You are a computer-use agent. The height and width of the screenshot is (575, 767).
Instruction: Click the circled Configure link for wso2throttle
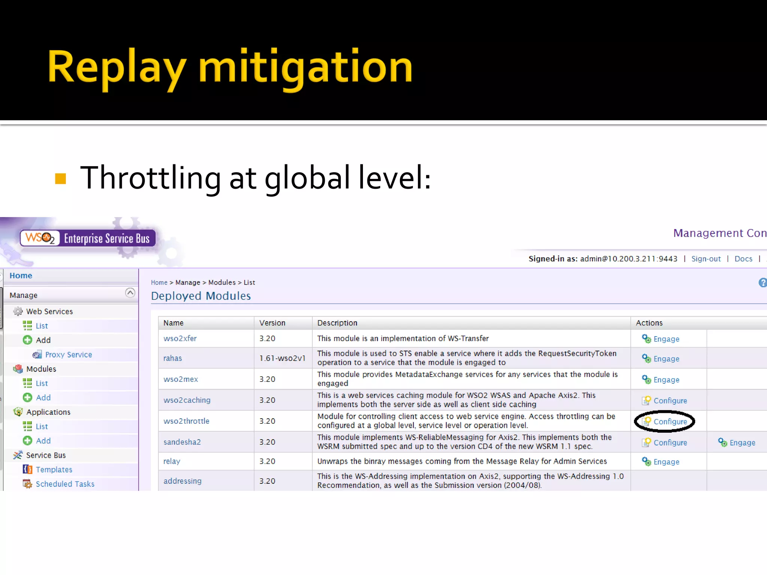pyautogui.click(x=670, y=422)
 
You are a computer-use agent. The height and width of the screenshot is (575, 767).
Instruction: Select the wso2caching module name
pyautogui.click(x=187, y=400)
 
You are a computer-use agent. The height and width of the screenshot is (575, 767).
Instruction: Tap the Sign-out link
pyautogui.click(x=706, y=259)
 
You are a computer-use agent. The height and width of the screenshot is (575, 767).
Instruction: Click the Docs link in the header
pyautogui.click(x=743, y=259)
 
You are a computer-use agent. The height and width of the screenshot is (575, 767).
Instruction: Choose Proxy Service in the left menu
pyautogui.click(x=68, y=355)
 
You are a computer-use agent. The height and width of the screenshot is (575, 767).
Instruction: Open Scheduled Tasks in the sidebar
pyautogui.click(x=65, y=484)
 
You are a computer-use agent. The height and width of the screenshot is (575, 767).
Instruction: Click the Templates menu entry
pyautogui.click(x=54, y=469)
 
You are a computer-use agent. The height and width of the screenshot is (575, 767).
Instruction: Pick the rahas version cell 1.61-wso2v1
pyautogui.click(x=282, y=358)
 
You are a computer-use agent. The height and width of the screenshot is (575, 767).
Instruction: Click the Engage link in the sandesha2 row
pyautogui.click(x=742, y=442)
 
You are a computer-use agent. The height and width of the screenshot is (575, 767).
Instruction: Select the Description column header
pyautogui.click(x=337, y=323)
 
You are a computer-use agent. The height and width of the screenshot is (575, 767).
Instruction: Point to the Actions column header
pyautogui.click(x=649, y=323)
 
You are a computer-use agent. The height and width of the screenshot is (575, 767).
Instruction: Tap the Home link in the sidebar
pyautogui.click(x=21, y=276)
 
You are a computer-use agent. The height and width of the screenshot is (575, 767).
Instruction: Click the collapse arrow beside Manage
pyautogui.click(x=130, y=293)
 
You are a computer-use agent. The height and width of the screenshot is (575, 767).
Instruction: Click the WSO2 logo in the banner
pyautogui.click(x=40, y=238)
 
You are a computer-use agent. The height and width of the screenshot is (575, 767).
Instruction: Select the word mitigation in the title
pyautogui.click(x=305, y=67)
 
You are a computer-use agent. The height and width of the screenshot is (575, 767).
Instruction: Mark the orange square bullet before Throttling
pyautogui.click(x=60, y=179)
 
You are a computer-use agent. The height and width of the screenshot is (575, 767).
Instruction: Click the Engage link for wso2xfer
pyautogui.click(x=666, y=339)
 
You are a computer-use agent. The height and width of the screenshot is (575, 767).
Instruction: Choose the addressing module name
pyautogui.click(x=182, y=481)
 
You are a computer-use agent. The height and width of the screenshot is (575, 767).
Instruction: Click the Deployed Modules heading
pyautogui.click(x=201, y=296)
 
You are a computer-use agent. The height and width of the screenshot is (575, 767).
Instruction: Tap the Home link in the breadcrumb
pyautogui.click(x=159, y=283)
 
